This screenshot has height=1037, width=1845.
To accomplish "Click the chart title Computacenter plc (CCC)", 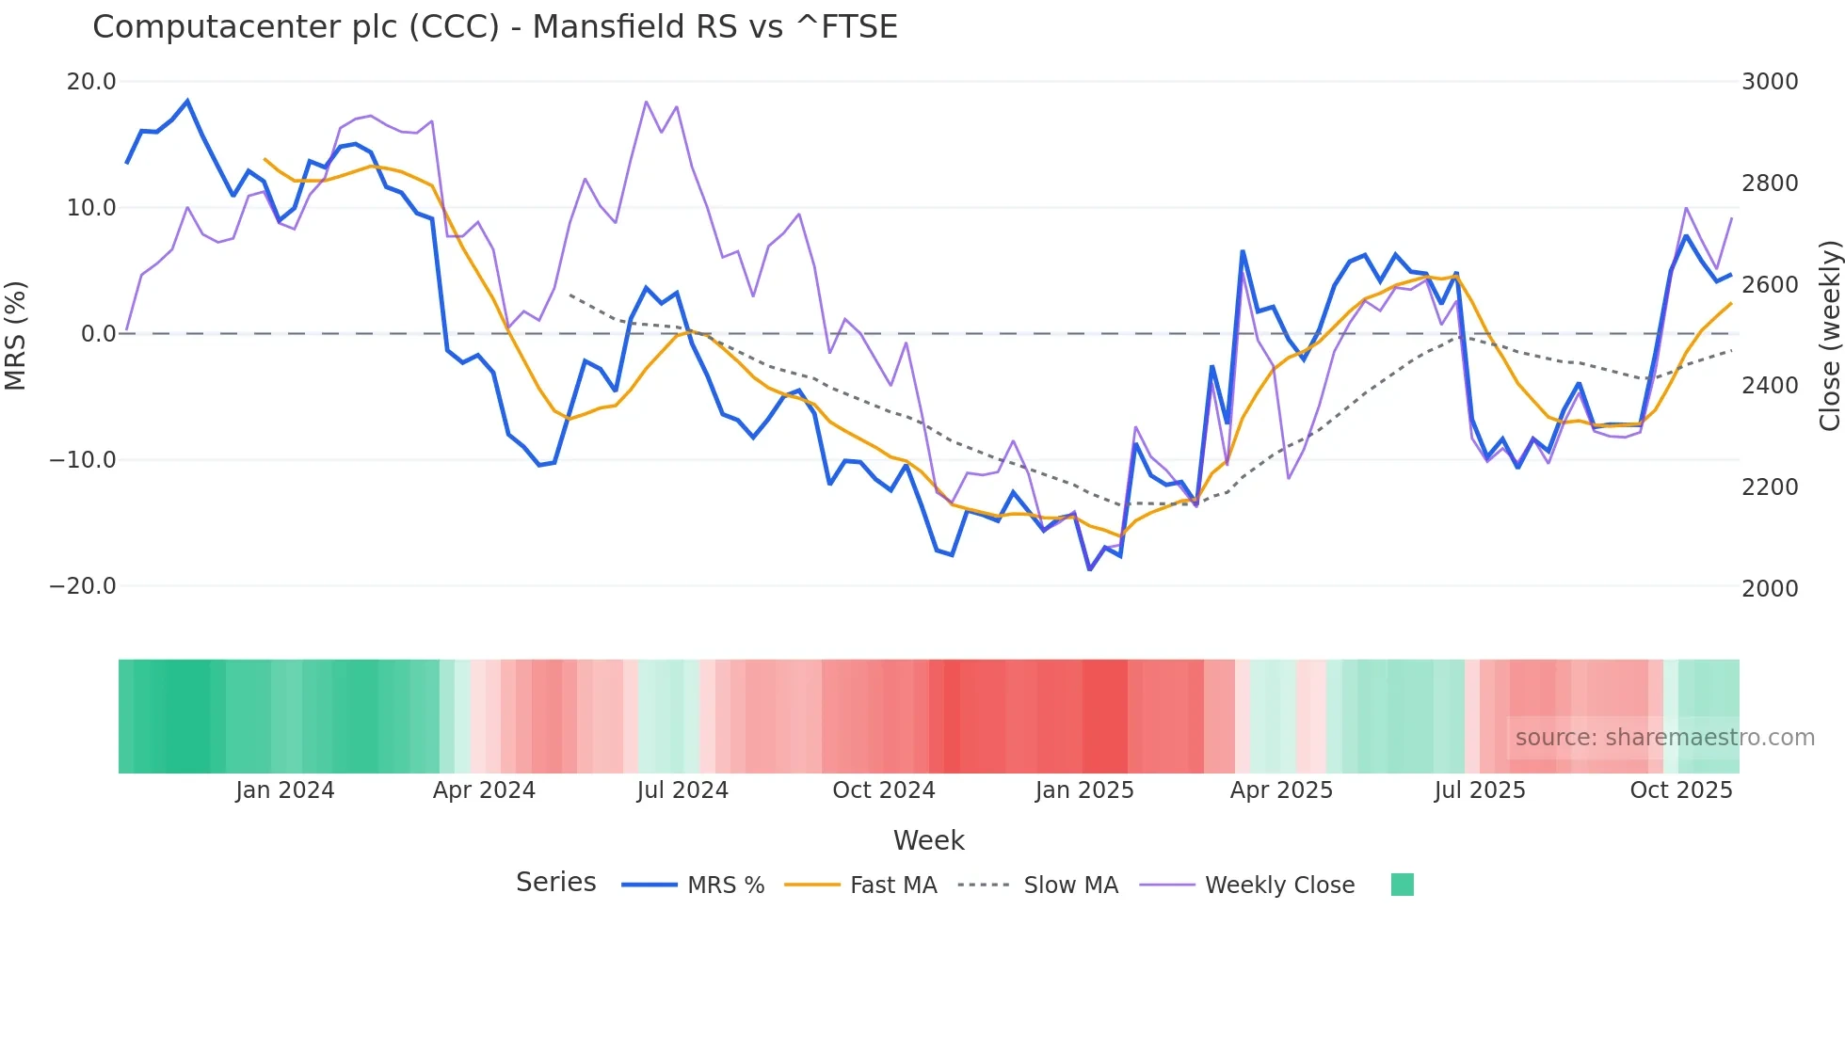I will coord(494,26).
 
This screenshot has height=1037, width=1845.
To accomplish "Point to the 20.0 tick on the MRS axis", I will coord(91,82).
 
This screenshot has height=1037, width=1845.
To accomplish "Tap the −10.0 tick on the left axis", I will coord(83,460).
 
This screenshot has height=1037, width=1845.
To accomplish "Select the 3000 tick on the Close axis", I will coord(1770,82).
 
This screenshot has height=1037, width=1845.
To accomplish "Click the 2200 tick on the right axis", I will coord(1770,487).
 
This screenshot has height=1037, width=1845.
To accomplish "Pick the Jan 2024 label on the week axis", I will coord(284,790).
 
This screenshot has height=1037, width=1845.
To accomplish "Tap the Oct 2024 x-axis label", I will coord(883,790).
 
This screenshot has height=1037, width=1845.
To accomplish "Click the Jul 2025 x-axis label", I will coord(1480,790).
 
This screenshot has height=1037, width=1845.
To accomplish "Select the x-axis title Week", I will coord(928,840).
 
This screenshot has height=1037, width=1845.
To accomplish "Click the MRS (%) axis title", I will coord(16,335).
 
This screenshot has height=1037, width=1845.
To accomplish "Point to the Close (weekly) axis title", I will coord(1829,335).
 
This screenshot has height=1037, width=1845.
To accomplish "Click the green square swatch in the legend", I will coord(1402,885).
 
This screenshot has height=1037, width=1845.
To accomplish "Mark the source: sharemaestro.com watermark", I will coord(1664,738).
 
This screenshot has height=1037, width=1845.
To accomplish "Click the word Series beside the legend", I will coord(555,883).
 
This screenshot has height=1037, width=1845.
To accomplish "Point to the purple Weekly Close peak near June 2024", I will coord(647,102).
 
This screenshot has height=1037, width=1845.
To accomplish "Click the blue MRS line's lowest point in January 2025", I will coord(1090,569).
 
